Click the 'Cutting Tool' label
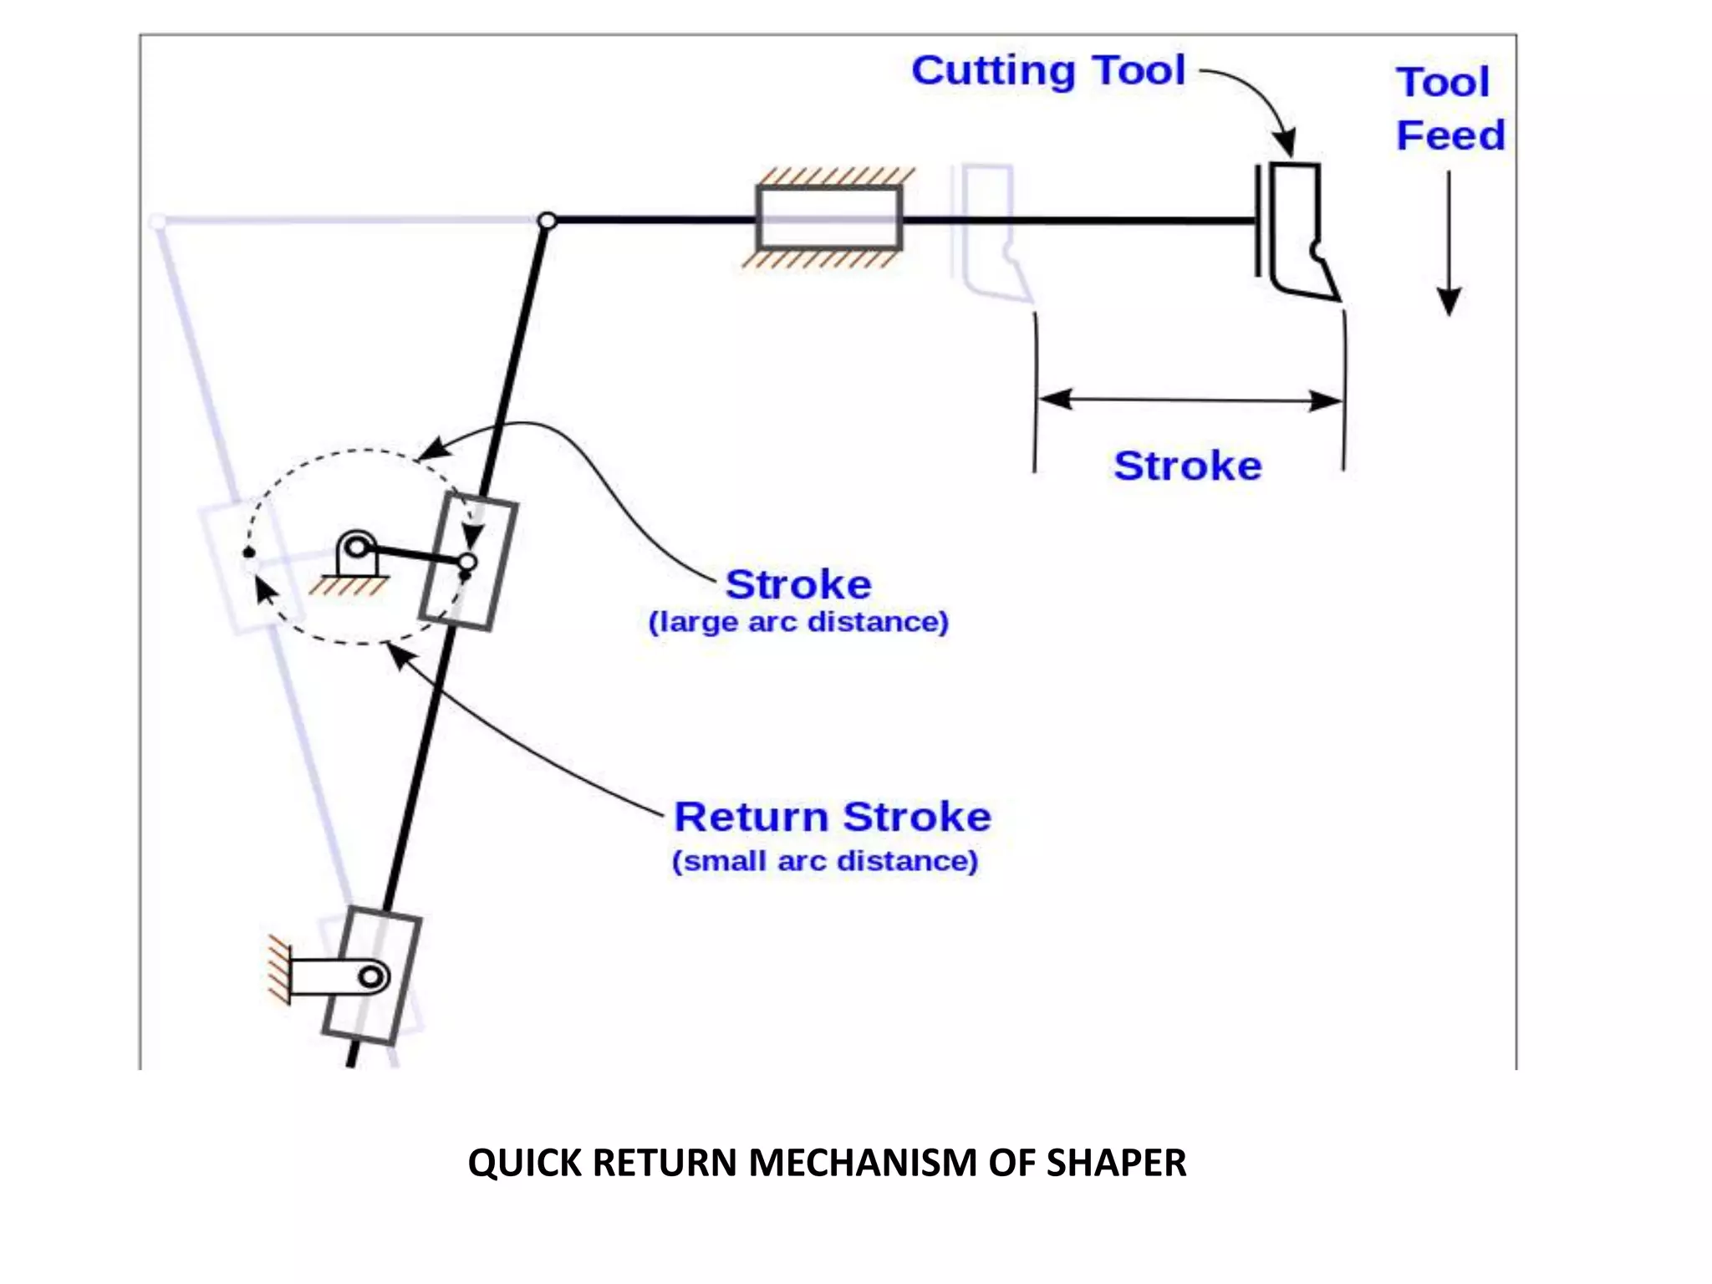(x=1048, y=70)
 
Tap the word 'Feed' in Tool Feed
(x=1450, y=135)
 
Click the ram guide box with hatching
(x=828, y=218)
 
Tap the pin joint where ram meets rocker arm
(x=547, y=221)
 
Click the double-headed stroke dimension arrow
(x=1190, y=400)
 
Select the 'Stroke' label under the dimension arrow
(x=1187, y=466)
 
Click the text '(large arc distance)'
(x=798, y=622)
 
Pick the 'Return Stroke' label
(x=833, y=817)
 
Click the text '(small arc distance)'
(x=824, y=861)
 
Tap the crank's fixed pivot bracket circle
(x=357, y=548)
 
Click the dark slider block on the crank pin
(x=468, y=561)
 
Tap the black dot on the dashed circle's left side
(x=249, y=553)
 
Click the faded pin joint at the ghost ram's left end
(x=158, y=222)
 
